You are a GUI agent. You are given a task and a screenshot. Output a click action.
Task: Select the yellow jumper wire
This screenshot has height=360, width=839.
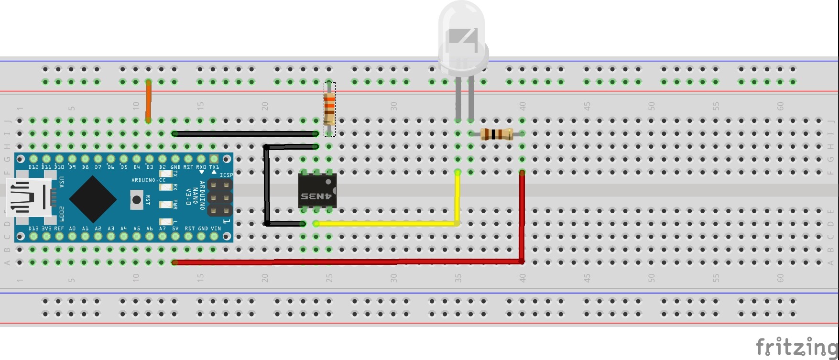387,223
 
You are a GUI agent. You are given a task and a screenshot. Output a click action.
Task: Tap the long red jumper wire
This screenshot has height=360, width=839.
349,262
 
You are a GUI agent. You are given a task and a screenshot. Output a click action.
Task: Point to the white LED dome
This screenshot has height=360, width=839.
462,33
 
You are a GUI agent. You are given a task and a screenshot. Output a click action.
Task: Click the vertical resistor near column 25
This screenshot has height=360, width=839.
329,109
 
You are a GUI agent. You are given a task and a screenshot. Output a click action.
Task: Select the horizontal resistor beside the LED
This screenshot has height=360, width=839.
496,134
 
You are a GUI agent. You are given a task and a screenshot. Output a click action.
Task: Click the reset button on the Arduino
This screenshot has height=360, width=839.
137,199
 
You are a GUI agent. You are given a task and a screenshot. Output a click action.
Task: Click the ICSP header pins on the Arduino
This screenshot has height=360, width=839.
219,197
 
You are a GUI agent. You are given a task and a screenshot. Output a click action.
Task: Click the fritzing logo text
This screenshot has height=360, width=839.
795,346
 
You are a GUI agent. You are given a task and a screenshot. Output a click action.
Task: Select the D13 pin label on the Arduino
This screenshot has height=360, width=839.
33,229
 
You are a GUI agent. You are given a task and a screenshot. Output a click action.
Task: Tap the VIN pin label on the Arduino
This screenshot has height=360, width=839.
216,229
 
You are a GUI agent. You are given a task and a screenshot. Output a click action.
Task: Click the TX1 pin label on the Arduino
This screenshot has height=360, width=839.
214,167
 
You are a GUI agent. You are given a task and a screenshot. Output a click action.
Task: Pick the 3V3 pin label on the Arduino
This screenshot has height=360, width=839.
46,229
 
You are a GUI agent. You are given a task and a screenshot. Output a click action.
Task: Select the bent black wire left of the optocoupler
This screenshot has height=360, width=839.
266,186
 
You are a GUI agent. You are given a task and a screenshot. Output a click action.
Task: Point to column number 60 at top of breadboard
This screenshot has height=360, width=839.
780,106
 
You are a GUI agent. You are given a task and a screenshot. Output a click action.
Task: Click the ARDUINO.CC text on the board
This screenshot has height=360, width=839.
148,180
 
